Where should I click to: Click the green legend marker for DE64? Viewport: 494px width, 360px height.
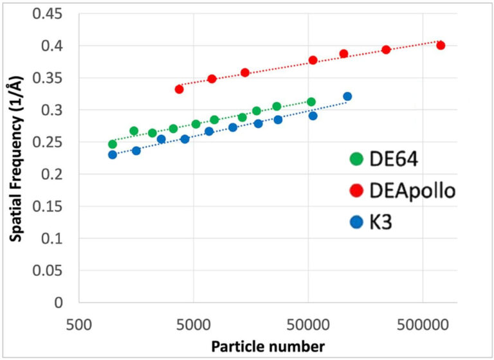(x=355, y=159)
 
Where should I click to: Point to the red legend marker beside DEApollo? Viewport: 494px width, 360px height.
(x=355, y=191)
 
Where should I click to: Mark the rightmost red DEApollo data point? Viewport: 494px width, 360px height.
(x=441, y=45)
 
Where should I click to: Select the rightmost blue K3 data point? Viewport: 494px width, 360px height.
(x=347, y=96)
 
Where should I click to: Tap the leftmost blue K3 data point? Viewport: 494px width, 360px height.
(x=113, y=154)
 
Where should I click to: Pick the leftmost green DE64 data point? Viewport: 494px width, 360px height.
(x=113, y=144)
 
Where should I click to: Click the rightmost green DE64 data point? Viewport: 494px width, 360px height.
(x=311, y=102)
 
